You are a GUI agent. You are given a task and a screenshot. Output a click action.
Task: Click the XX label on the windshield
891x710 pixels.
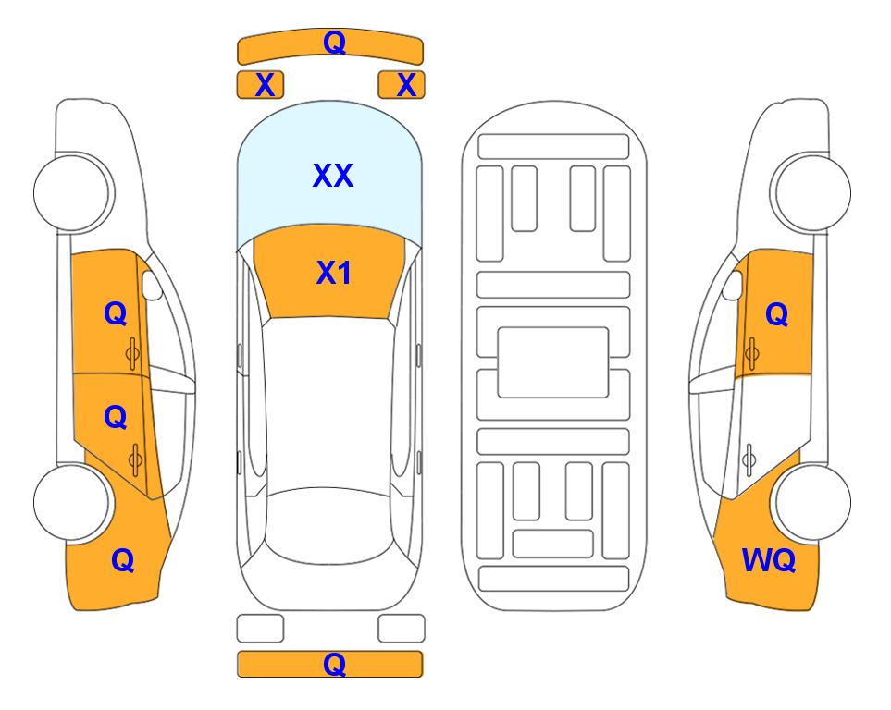(333, 176)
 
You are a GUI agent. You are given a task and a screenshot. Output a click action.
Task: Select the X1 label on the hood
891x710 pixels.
(334, 273)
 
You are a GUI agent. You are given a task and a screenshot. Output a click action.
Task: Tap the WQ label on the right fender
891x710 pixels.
(769, 560)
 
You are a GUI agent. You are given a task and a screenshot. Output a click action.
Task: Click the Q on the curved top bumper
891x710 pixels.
(334, 42)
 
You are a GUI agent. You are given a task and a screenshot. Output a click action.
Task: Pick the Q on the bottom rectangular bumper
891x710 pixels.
(334, 664)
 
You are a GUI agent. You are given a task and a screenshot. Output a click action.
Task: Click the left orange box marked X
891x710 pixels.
(260, 85)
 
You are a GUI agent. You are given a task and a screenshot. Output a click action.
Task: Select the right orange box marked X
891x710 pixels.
(402, 85)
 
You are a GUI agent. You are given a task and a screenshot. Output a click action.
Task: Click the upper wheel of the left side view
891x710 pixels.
(73, 192)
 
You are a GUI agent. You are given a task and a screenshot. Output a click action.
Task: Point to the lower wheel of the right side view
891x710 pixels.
(811, 503)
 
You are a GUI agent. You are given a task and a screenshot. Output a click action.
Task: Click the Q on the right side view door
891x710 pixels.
(777, 314)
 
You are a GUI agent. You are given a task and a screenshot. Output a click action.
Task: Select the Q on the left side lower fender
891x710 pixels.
(122, 560)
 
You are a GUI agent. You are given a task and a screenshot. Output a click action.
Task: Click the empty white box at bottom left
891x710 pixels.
(260, 629)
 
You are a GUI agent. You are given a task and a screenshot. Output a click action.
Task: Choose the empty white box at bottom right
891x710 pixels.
(402, 629)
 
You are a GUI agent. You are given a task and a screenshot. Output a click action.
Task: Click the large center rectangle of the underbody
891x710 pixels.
(553, 362)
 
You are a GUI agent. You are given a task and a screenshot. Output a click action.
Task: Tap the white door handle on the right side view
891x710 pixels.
(749, 459)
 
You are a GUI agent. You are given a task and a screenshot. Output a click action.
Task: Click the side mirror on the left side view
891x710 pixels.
(151, 285)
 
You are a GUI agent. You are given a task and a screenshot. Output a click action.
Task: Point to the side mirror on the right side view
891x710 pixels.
(732, 285)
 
